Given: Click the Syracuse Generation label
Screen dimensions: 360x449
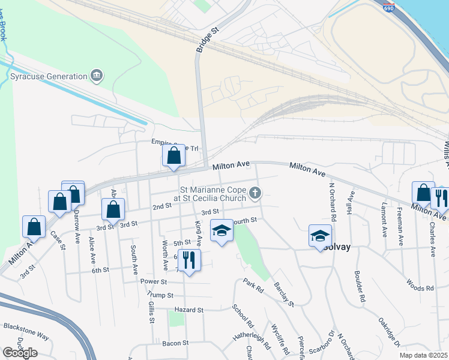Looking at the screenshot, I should pos(49,76).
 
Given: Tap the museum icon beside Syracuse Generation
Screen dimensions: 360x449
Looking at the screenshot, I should pos(96,75).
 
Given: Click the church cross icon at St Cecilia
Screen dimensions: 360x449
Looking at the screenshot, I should pos(256,193).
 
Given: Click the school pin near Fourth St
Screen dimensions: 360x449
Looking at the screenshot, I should pos(221,231).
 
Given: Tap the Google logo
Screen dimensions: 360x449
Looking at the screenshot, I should pos(20,352).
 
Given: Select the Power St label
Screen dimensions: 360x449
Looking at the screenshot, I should pos(153,281).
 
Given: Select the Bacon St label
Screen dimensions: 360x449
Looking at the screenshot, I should pos(176,343).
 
